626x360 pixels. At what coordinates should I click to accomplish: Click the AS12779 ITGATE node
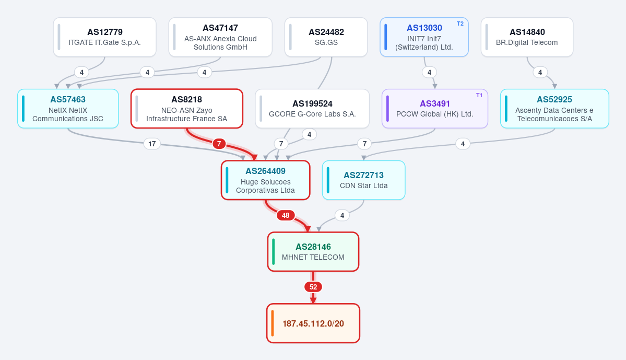[104, 37]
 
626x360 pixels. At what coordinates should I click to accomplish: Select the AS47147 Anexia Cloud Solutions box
[220, 37]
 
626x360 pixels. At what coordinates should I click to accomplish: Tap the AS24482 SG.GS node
[326, 37]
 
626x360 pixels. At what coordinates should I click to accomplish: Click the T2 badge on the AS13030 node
[460, 24]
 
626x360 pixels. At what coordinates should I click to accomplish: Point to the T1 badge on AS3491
[479, 95]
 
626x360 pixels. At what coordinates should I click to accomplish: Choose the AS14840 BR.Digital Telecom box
[527, 37]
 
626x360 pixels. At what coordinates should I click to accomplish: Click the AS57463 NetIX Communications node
[68, 109]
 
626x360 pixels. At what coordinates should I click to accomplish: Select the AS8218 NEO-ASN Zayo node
[187, 109]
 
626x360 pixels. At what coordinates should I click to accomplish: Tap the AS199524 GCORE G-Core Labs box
[312, 109]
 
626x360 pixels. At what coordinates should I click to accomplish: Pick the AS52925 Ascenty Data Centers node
[554, 109]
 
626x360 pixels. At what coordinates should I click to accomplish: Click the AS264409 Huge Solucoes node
[266, 180]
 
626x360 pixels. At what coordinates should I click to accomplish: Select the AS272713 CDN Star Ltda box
[364, 180]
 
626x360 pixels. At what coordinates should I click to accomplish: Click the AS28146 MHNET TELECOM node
[313, 252]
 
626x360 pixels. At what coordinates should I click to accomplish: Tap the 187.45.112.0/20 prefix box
[313, 323]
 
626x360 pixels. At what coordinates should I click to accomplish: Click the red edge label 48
[286, 215]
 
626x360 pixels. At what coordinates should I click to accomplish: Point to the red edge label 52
[313, 287]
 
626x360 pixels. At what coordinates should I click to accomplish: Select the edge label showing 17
[152, 144]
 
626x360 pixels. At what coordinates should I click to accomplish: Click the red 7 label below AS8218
[219, 144]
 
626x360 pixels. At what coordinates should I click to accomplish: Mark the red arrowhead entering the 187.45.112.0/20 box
[313, 300]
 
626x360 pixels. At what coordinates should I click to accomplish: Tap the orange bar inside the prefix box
[273, 323]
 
